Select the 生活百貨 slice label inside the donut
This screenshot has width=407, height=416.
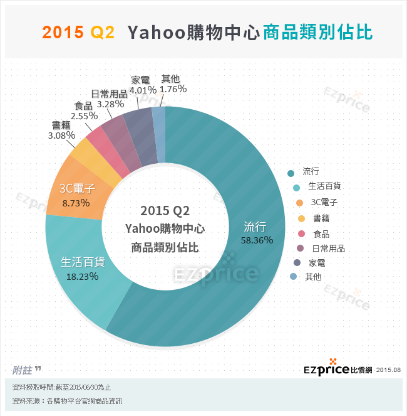[x=81, y=261]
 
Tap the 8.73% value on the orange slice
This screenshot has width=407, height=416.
[x=76, y=203]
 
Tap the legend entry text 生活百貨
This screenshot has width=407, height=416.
[x=324, y=186]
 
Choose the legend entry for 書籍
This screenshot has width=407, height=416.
[x=321, y=218]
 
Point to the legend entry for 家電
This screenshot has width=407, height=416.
[x=317, y=263]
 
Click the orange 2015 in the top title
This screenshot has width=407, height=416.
[x=62, y=33]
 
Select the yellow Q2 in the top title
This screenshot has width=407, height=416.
[x=103, y=33]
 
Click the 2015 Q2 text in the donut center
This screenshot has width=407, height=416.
[x=165, y=209]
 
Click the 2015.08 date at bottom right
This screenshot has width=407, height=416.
[x=389, y=371]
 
